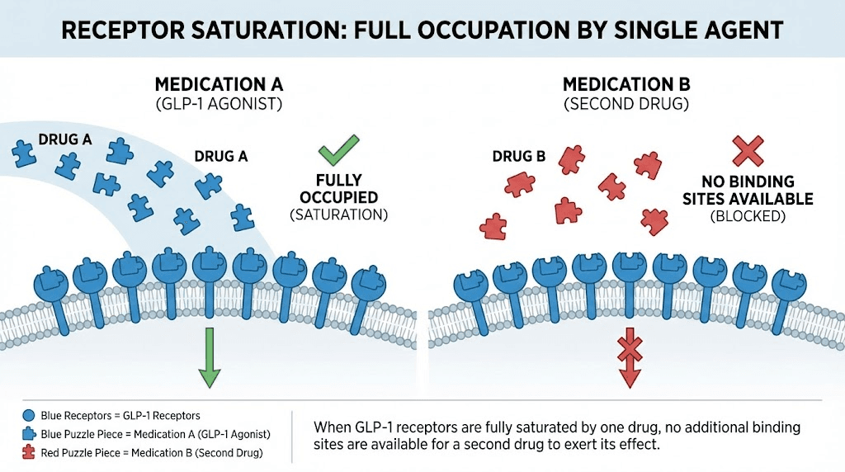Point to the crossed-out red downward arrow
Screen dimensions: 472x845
[x=630, y=359]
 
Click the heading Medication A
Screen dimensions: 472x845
[x=219, y=85]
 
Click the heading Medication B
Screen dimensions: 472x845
[x=626, y=85]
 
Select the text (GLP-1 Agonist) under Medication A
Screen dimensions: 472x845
[x=219, y=104]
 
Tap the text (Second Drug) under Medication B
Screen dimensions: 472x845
[x=626, y=104]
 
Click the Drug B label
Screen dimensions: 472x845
[x=518, y=156]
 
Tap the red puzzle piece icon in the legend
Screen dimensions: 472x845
[x=28, y=452]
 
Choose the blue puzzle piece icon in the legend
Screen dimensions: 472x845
[x=28, y=434]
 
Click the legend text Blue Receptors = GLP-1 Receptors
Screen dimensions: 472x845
[x=120, y=416]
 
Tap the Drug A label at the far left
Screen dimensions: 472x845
[x=64, y=139]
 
